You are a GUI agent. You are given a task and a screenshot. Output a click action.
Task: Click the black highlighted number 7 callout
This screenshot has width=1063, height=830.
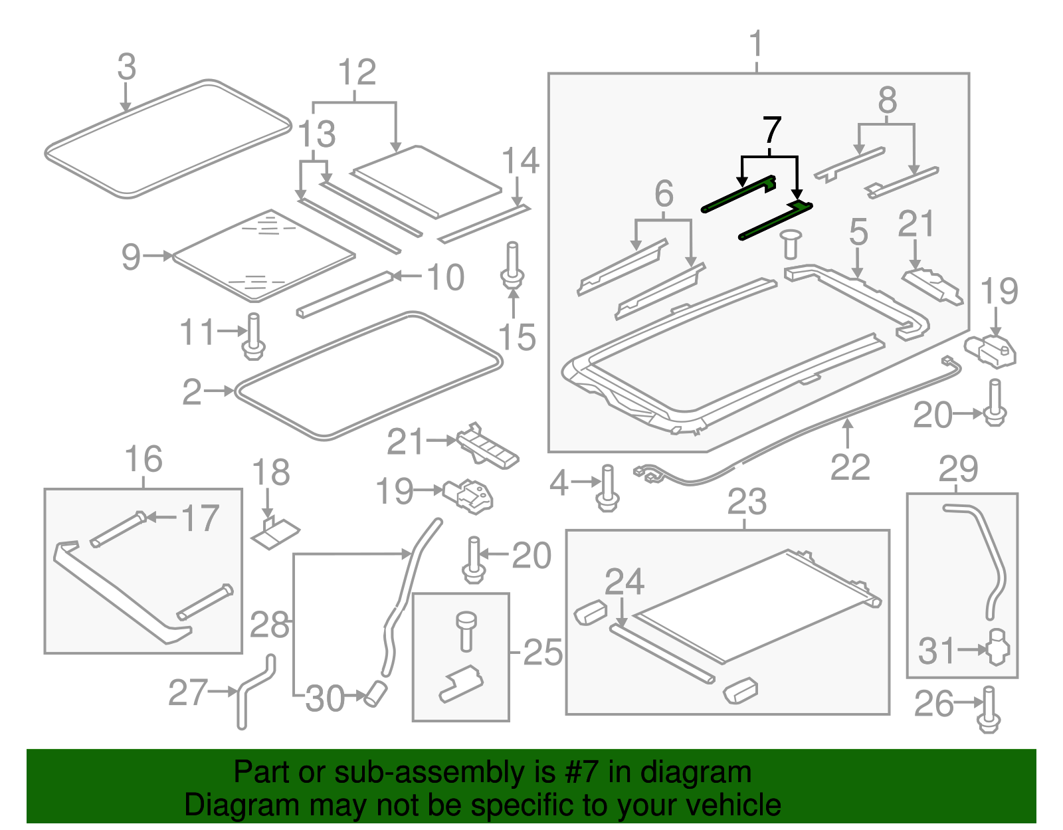771,131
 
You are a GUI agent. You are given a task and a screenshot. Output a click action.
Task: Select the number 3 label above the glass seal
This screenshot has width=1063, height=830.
126,68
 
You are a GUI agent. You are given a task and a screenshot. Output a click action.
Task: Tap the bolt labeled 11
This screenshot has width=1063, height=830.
254,337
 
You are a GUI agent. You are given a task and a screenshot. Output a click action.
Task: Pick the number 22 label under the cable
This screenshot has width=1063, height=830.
850,467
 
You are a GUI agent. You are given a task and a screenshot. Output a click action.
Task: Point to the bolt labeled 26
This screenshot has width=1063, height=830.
989,710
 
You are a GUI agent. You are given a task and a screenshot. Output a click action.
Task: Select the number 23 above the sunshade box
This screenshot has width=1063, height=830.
747,502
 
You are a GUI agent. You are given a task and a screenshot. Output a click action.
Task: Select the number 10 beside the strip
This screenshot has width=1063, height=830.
445,277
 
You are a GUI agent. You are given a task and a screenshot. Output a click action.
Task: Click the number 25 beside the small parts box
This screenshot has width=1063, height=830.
543,653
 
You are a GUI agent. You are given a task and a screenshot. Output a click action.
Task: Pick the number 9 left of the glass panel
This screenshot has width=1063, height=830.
131,257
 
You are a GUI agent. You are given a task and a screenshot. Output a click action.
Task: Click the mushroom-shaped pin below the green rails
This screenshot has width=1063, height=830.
790,243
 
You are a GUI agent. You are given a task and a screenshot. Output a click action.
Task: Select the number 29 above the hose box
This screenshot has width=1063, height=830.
958,469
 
